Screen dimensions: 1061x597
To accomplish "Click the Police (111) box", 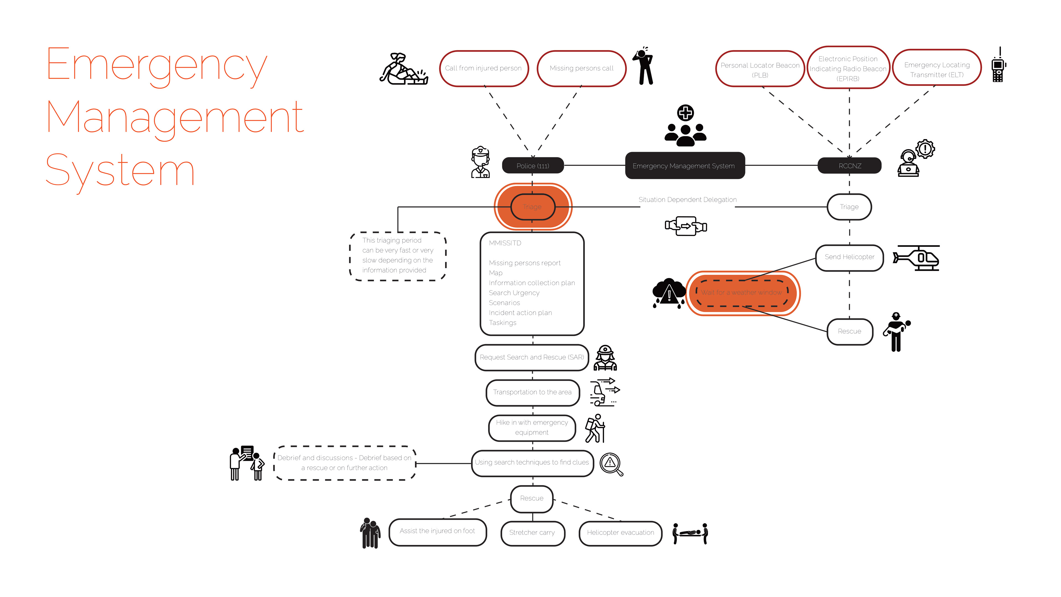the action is click(x=532, y=166).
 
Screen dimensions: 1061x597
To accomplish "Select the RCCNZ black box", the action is click(x=849, y=166).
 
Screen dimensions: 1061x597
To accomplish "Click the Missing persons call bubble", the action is click(x=581, y=68).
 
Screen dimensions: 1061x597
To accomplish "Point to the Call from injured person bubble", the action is click(x=483, y=68).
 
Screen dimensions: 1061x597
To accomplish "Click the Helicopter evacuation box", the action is click(x=620, y=533).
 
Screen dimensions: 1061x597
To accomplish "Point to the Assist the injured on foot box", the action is click(x=437, y=531).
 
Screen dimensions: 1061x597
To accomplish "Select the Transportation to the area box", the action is click(x=532, y=392).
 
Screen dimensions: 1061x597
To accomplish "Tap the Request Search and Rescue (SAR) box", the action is click(x=532, y=357).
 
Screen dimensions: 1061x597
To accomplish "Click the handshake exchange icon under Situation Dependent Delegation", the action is click(x=686, y=226).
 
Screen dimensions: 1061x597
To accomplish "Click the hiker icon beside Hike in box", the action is click(x=596, y=428).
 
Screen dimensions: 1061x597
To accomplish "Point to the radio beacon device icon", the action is click(x=998, y=66).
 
